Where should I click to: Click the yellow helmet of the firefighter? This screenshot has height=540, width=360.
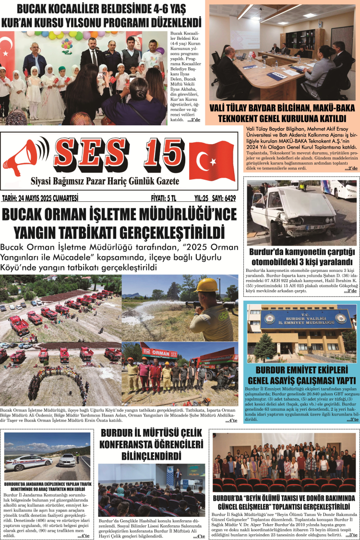(x=206, y=285)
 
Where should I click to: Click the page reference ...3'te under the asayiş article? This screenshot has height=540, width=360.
(x=351, y=419)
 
